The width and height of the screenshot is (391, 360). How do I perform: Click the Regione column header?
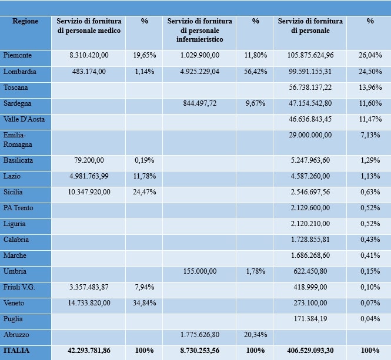point(25,21)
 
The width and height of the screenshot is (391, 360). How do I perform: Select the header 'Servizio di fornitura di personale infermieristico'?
point(199,30)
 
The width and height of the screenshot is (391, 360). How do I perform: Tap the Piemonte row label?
point(18,55)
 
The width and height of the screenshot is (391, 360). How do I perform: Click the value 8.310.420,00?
point(89,55)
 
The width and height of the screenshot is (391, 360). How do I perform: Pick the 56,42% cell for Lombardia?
point(255,72)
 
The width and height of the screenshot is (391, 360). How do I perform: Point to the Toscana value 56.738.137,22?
point(310,88)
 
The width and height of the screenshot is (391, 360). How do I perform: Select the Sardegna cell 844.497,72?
point(199,103)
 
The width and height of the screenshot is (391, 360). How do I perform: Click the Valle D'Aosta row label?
point(24,119)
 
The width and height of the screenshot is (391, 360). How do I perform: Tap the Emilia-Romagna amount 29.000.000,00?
point(310,135)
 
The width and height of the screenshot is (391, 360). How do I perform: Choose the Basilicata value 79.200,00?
point(89,160)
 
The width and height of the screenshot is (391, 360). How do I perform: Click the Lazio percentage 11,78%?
point(145,176)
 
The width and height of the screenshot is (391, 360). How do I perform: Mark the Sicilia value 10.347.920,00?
point(89,192)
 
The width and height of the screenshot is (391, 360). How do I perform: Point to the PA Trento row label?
point(18,208)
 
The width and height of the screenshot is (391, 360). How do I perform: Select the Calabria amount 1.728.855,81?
point(310,240)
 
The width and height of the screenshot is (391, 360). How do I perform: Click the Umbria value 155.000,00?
point(199,271)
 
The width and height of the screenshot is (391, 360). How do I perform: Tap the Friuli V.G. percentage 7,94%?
point(145,287)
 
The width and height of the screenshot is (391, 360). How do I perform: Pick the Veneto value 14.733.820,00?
point(89,303)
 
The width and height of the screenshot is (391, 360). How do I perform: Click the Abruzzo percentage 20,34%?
point(255,335)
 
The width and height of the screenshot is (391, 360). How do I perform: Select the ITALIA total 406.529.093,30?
point(310,351)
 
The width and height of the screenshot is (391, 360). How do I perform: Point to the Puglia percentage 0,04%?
point(370,319)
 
